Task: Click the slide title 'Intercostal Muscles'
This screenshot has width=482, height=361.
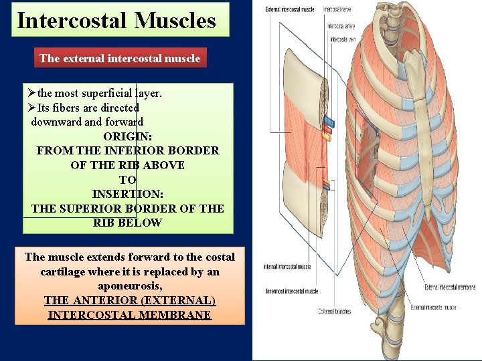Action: [x=116, y=20]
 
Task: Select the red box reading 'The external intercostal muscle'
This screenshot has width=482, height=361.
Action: [x=120, y=58]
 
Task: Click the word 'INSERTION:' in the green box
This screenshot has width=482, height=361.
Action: [x=127, y=194]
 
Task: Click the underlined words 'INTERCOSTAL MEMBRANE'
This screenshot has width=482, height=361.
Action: [x=130, y=315]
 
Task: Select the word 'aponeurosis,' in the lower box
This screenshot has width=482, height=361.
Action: [x=130, y=286]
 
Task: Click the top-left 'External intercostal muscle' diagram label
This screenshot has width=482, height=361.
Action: [x=290, y=10]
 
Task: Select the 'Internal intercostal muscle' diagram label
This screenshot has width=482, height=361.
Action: [x=287, y=267]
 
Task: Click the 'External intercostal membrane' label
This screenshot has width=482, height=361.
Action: [x=450, y=287]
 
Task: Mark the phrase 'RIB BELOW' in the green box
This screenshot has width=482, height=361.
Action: [x=127, y=223]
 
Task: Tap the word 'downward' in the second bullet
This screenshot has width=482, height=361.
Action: [x=56, y=122]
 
